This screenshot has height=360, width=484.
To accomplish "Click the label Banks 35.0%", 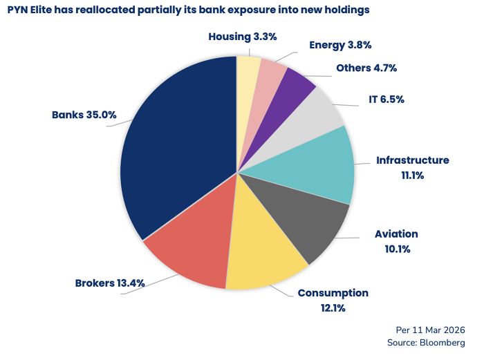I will click(84, 115).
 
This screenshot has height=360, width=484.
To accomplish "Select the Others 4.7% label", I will click(366, 68).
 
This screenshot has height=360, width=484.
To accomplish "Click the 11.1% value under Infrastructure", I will click(412, 176).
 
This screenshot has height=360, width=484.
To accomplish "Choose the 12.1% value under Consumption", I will click(333, 307).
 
